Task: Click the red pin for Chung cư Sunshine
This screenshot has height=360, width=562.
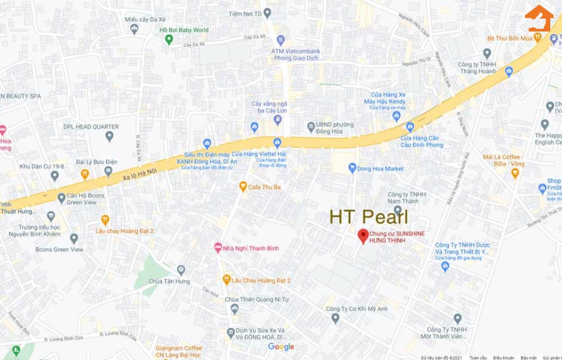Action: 363,236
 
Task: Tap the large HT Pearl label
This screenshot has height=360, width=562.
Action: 368,217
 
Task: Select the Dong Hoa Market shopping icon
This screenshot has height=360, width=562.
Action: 352,168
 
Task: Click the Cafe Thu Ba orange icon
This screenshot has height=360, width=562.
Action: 243,186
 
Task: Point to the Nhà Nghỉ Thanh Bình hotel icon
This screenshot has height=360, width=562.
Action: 218,247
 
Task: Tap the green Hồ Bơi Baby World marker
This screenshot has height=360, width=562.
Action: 169,39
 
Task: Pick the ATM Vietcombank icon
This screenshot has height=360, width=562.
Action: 281,40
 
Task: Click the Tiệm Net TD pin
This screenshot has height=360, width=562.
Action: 268,12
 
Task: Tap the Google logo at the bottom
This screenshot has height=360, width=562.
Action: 281,346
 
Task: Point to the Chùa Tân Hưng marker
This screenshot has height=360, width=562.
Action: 181,271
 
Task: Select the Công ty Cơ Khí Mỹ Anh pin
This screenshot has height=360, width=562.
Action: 336,318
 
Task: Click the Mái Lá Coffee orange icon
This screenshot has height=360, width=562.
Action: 515,173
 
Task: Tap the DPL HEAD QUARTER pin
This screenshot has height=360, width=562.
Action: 110,136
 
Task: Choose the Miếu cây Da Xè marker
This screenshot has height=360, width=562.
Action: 134,29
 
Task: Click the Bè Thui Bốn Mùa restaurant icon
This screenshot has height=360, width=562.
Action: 537,38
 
